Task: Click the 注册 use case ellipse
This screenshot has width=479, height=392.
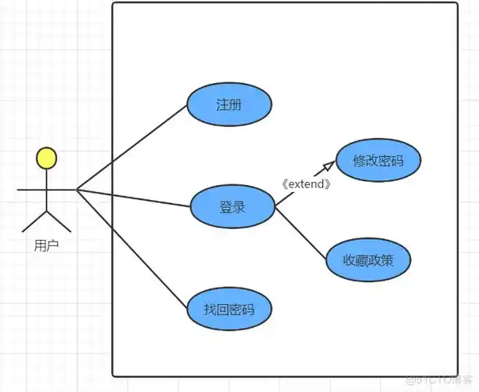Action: pos(229,105)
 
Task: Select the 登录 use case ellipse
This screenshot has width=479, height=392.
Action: pos(232,207)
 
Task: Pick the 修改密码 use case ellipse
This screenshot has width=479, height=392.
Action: pos(378,161)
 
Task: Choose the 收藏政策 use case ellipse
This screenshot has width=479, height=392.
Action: pos(368,260)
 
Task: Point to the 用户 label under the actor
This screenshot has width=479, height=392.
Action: pos(47,246)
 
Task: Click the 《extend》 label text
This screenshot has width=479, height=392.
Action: pos(306,184)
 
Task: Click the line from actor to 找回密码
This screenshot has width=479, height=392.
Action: pos(133,248)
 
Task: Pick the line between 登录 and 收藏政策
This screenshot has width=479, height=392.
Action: pos(301,233)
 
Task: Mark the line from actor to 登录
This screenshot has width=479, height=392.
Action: pos(133,198)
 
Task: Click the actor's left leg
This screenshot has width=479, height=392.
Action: pos(35,221)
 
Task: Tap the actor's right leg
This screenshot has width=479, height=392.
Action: pos(59,221)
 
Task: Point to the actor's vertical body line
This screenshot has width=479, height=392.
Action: pos(47,192)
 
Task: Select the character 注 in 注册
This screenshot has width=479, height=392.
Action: pos(222,105)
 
